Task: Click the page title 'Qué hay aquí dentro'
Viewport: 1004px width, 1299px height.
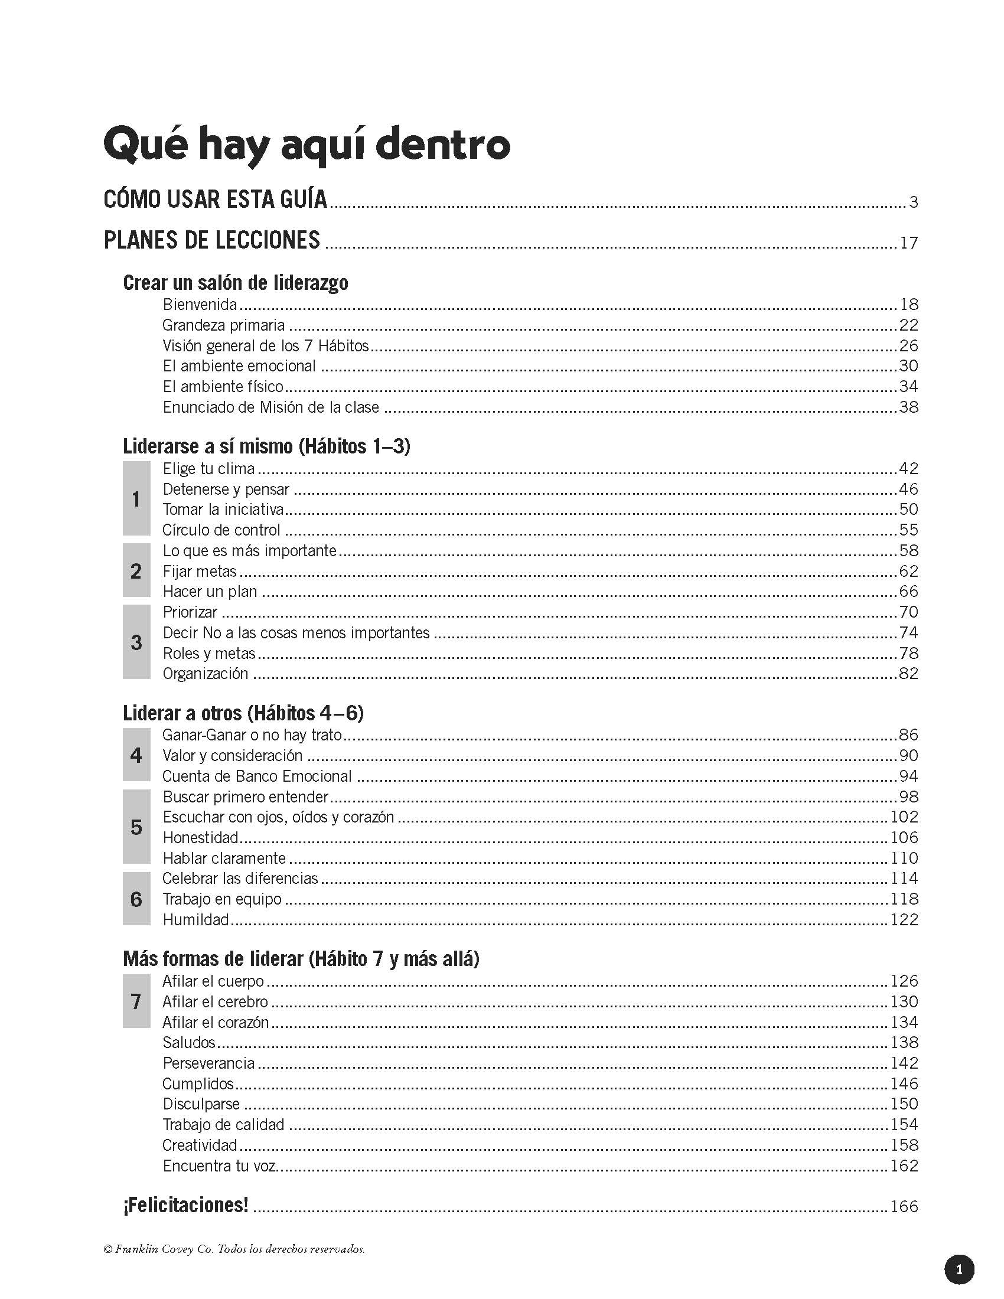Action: [307, 145]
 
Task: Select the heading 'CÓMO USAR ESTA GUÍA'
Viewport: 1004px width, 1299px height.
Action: [216, 199]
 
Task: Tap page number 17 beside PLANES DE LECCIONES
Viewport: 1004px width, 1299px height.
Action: [909, 243]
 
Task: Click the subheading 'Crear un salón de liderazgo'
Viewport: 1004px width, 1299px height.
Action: [236, 282]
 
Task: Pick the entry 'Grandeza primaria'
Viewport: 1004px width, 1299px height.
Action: [224, 325]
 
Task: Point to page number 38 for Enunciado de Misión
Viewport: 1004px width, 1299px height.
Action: [909, 407]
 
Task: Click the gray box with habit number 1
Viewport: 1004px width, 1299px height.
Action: [136, 499]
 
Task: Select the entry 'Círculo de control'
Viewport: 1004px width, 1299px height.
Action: [221, 530]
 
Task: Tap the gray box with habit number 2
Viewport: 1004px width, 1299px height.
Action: [136, 571]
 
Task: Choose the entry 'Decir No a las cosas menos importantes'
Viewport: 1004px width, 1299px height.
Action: [296, 633]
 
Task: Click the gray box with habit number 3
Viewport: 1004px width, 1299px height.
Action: [136, 642]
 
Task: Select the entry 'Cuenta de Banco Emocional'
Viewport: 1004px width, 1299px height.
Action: [257, 776]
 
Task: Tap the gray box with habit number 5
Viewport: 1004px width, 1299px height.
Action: [136, 827]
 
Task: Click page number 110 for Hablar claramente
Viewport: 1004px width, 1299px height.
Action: [904, 859]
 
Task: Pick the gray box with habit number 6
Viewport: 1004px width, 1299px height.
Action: [136, 899]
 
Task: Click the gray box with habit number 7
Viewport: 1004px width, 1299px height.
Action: [136, 1001]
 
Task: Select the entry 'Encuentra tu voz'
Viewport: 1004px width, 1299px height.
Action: [220, 1166]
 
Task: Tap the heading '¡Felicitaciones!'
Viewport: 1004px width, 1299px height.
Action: [185, 1206]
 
